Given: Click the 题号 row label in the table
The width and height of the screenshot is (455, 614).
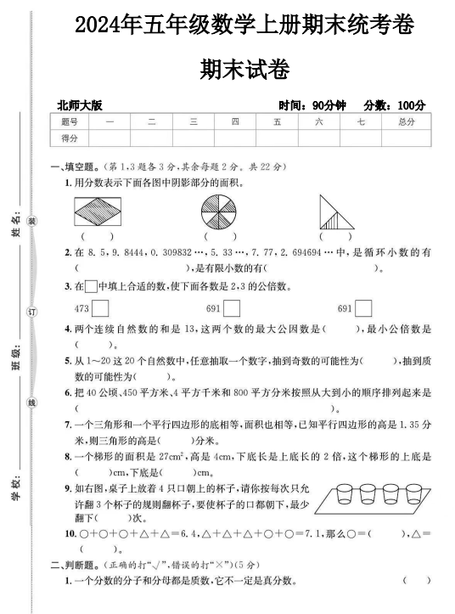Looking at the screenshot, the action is [x=69, y=122].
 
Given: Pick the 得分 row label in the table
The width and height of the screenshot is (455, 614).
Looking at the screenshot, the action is [x=69, y=138].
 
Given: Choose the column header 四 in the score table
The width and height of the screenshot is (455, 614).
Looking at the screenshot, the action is [x=234, y=122].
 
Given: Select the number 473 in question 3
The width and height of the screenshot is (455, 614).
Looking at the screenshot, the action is [x=83, y=308].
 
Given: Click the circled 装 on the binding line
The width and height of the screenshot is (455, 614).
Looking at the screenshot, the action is [x=32, y=221].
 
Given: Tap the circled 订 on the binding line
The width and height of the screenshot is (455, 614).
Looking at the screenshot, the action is [x=32, y=313].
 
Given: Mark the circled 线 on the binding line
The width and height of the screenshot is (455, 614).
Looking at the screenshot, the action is [x=32, y=403].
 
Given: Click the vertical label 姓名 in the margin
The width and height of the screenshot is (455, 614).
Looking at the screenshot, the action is [x=15, y=227].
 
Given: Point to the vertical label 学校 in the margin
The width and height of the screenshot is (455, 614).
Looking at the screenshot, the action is [x=15, y=490].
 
